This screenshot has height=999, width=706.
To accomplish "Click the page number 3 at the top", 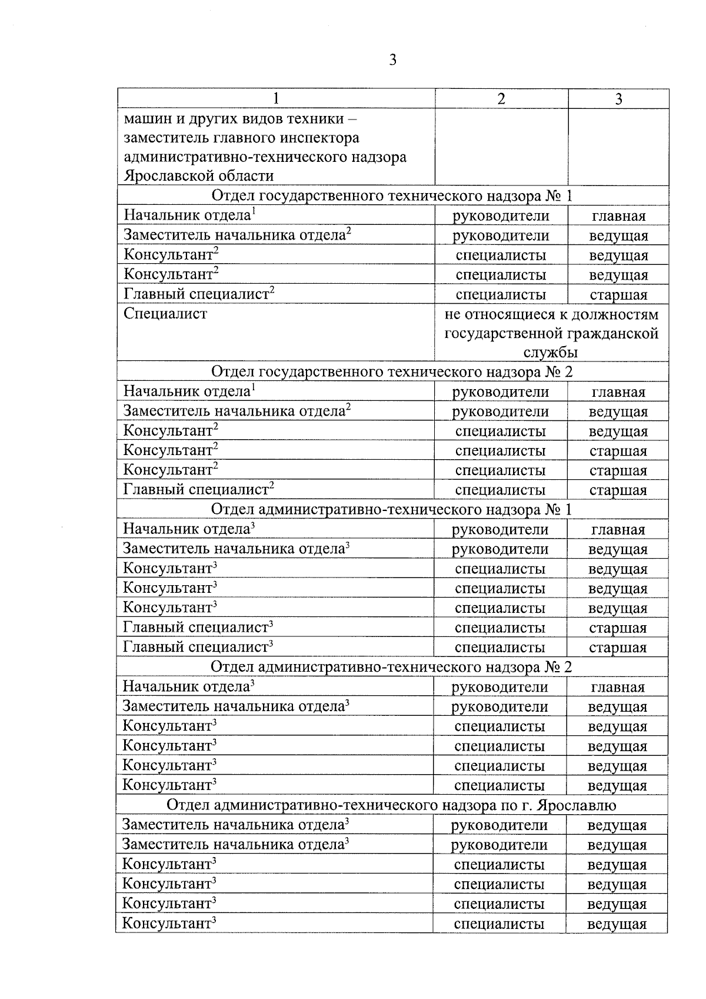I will point(392,60).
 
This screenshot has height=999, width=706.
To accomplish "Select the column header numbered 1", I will point(276,99).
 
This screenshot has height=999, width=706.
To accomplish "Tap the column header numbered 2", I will point(501,99).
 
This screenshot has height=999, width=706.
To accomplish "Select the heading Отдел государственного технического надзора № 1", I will point(392,196).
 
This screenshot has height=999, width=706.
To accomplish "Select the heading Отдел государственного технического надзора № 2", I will point(392,372).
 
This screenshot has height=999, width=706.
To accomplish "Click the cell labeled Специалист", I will point(165,314).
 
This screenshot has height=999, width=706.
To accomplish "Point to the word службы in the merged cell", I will point(551,353).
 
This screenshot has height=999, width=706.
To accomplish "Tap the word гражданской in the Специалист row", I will point(611,334).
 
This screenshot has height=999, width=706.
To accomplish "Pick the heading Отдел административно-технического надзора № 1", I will point(391,509).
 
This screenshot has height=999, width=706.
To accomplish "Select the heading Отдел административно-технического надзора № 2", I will point(391,667).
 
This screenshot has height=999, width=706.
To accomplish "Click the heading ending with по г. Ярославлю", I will point(391,805).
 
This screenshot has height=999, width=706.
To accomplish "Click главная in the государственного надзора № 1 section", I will point(618,216).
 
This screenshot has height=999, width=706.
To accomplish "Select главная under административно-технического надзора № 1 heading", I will point(618,530).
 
